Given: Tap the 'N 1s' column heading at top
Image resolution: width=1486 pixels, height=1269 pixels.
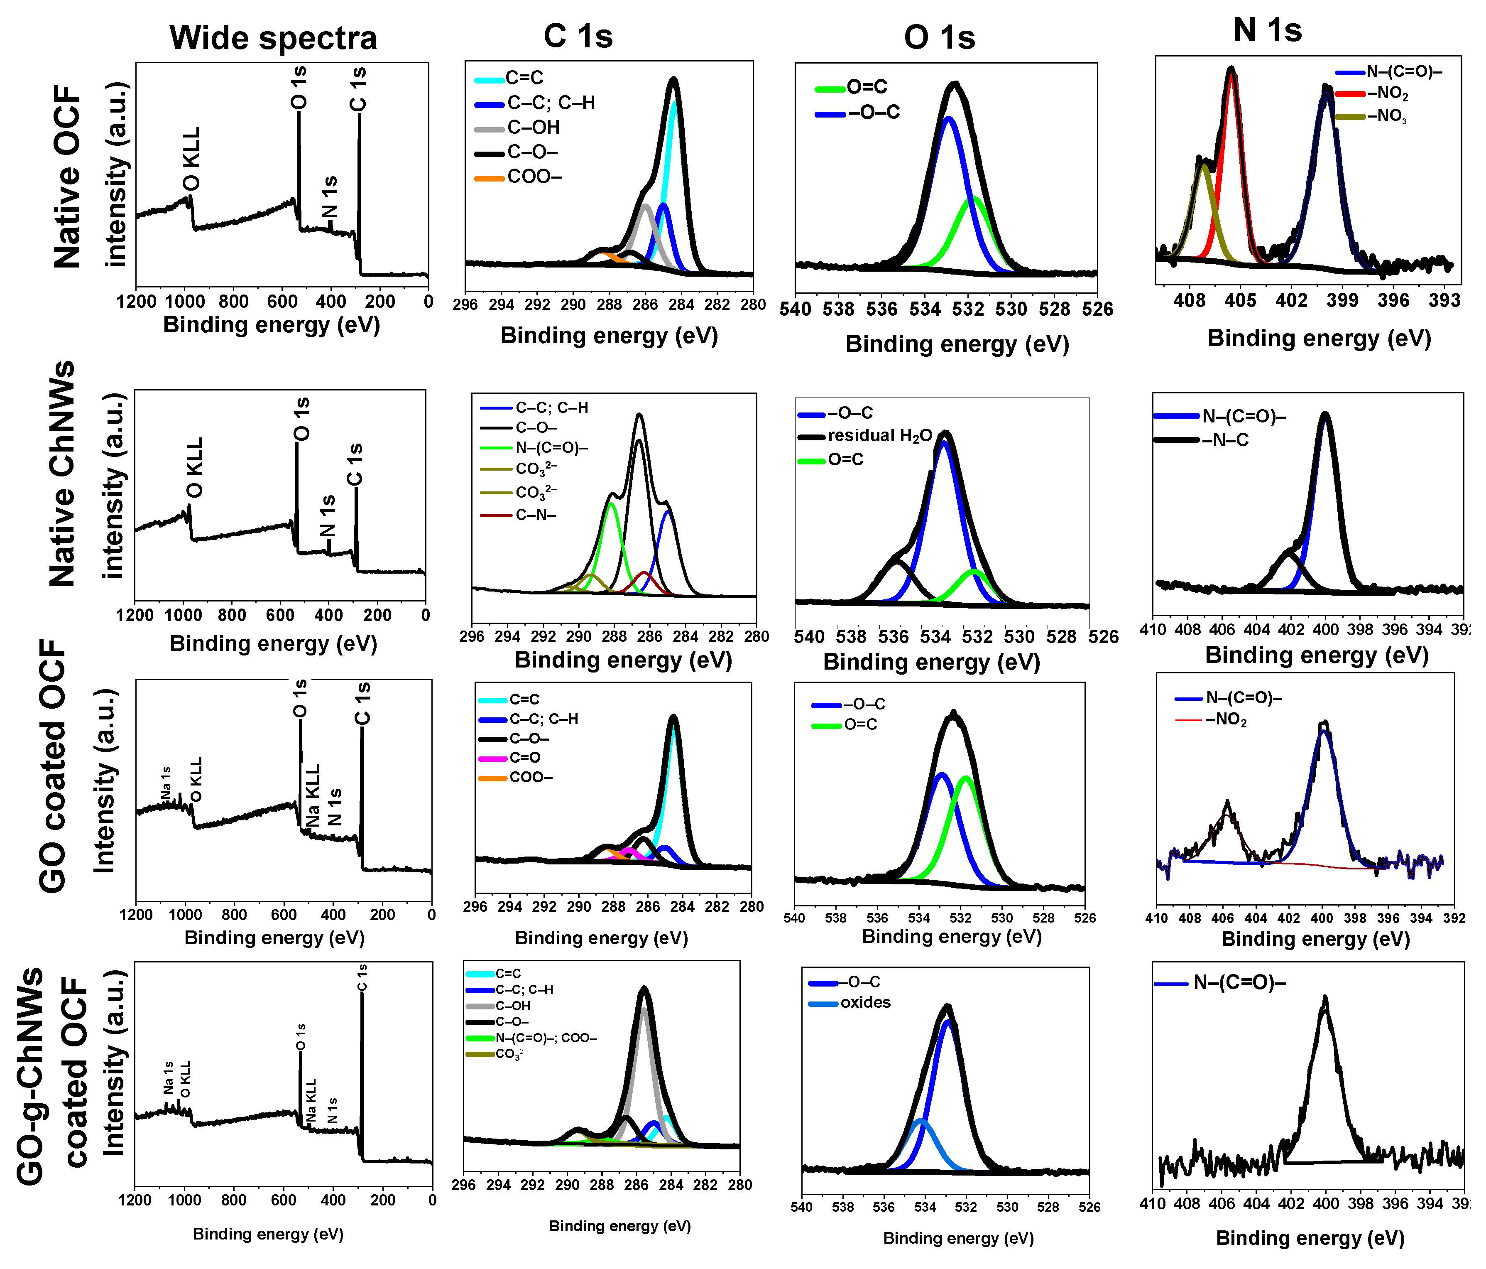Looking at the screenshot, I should pos(1267,30).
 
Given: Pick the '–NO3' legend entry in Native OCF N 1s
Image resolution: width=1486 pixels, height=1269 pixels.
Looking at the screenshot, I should pos(1386,116).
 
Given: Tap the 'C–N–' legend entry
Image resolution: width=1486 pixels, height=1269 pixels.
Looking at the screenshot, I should pos(535,515).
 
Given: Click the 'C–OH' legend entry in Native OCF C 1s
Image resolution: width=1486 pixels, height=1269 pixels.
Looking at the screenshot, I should pos(533,128).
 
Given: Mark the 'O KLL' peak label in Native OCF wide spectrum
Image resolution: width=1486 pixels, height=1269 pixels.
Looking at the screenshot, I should pos(191,159).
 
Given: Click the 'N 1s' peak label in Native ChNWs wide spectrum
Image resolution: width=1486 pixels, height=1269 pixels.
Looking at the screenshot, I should pos(327,516).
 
